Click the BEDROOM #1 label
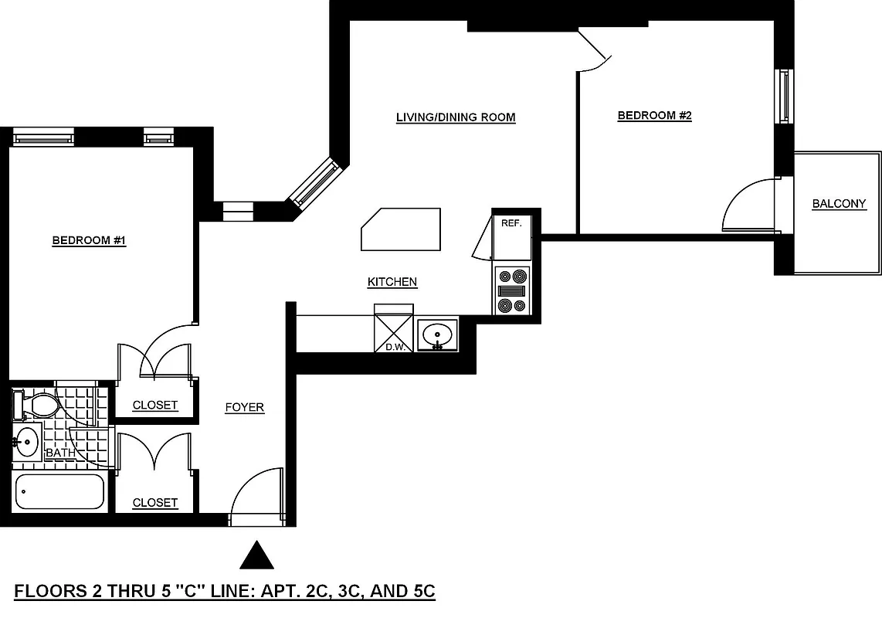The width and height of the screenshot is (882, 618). pyautogui.click(x=89, y=241)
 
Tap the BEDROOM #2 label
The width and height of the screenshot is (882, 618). pyautogui.click(x=654, y=116)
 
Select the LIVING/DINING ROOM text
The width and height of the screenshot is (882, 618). pyautogui.click(x=455, y=118)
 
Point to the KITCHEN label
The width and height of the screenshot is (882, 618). pyautogui.click(x=392, y=283)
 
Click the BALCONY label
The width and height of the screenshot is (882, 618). pyautogui.click(x=839, y=205)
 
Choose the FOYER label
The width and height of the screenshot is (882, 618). pyautogui.click(x=244, y=408)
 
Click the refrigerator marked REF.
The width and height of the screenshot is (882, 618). pyautogui.click(x=512, y=236)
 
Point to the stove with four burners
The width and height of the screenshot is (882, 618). pyautogui.click(x=513, y=290)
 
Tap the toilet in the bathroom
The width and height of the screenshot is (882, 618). pyautogui.click(x=39, y=404)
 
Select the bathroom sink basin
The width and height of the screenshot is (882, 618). pyautogui.click(x=27, y=443)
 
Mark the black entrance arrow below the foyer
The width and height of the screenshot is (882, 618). pyautogui.click(x=256, y=555)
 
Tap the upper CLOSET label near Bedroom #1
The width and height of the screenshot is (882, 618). pyautogui.click(x=154, y=406)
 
